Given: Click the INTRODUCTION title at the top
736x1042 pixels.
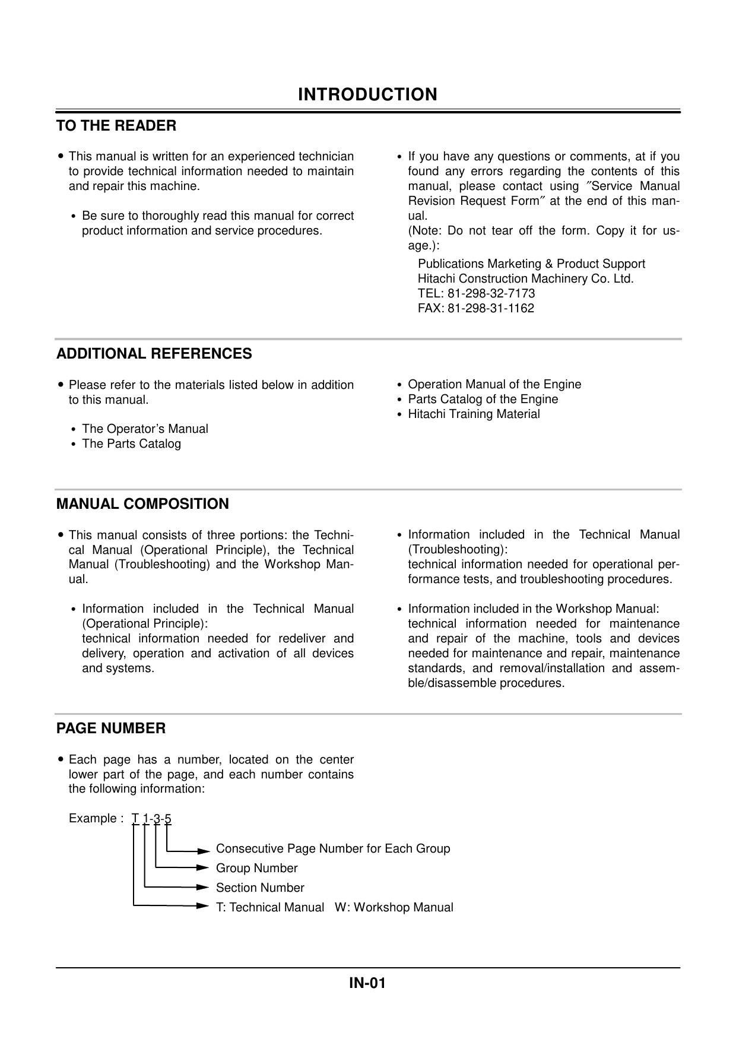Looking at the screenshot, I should tap(367, 94).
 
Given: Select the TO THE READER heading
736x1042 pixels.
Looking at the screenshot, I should tap(116, 126).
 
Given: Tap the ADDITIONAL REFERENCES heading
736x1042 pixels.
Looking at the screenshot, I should tap(154, 354).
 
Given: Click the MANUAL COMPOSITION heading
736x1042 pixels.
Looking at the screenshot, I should tap(142, 504).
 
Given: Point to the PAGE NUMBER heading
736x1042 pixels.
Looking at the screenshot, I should tap(111, 729).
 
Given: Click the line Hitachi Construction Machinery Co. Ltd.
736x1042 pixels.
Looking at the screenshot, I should tap(525, 278).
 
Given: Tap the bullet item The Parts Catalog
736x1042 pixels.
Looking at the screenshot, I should tap(131, 444).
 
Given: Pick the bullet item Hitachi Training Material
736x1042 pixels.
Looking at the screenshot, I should tap(474, 414).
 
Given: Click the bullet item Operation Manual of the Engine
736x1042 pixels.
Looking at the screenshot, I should tap(494, 384).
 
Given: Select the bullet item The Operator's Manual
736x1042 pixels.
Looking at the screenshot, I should tap(145, 429).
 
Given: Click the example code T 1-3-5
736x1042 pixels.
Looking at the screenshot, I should tap(151, 819).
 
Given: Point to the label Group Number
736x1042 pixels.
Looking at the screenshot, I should tap(256, 868).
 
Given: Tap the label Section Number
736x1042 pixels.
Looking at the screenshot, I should tap(260, 888).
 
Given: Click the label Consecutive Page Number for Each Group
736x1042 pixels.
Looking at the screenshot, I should tap(333, 848).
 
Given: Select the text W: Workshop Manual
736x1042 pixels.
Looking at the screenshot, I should tap(394, 907).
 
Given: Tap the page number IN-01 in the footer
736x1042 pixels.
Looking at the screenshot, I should tap(367, 983).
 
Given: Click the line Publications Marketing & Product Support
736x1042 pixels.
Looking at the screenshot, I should tap(531, 264).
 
